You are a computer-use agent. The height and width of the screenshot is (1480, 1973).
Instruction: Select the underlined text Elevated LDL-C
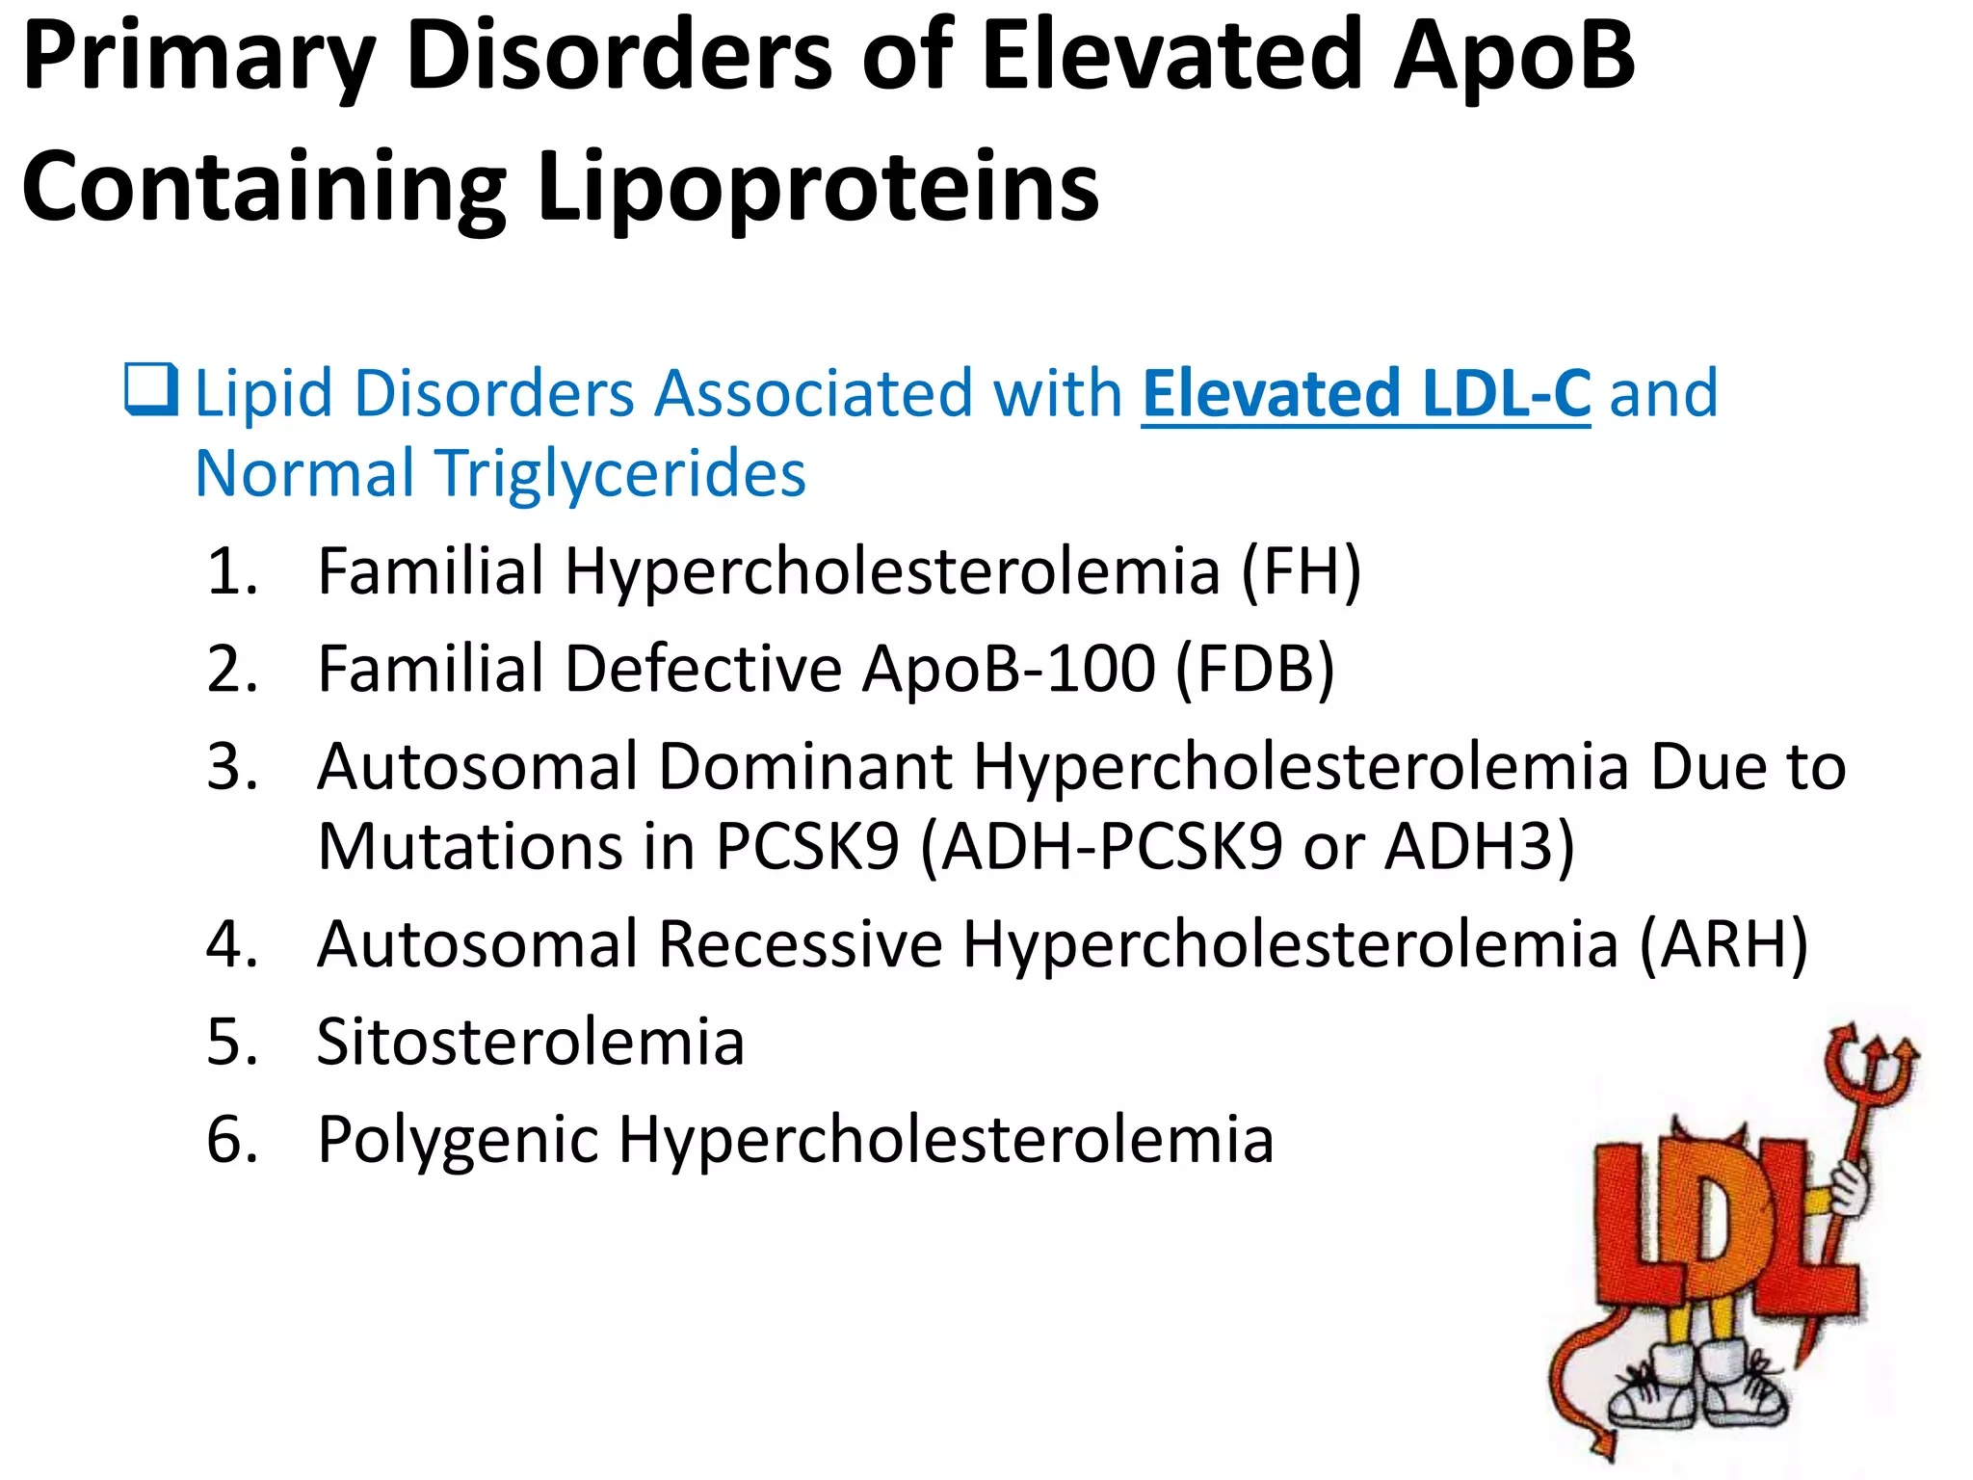(x=1365, y=393)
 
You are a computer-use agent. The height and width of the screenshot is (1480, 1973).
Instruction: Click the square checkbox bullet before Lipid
(x=151, y=389)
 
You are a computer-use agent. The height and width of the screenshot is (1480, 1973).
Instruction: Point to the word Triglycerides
(x=621, y=474)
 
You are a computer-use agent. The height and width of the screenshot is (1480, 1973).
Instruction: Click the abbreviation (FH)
(x=1301, y=570)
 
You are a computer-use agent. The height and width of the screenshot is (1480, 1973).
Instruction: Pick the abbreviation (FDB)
(x=1254, y=669)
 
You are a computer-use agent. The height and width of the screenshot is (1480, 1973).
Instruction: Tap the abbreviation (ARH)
(x=1723, y=943)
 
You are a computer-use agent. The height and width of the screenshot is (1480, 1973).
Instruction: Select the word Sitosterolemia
(x=530, y=1042)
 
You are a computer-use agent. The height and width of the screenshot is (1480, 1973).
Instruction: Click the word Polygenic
(x=459, y=1140)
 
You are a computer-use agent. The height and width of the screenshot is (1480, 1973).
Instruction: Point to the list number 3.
(x=232, y=767)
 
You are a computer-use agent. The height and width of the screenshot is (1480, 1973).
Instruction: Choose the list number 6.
(x=232, y=1140)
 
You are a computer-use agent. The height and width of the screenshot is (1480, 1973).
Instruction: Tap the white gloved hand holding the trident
(x=1849, y=1190)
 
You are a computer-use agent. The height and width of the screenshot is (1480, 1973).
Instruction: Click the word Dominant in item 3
(x=805, y=767)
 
